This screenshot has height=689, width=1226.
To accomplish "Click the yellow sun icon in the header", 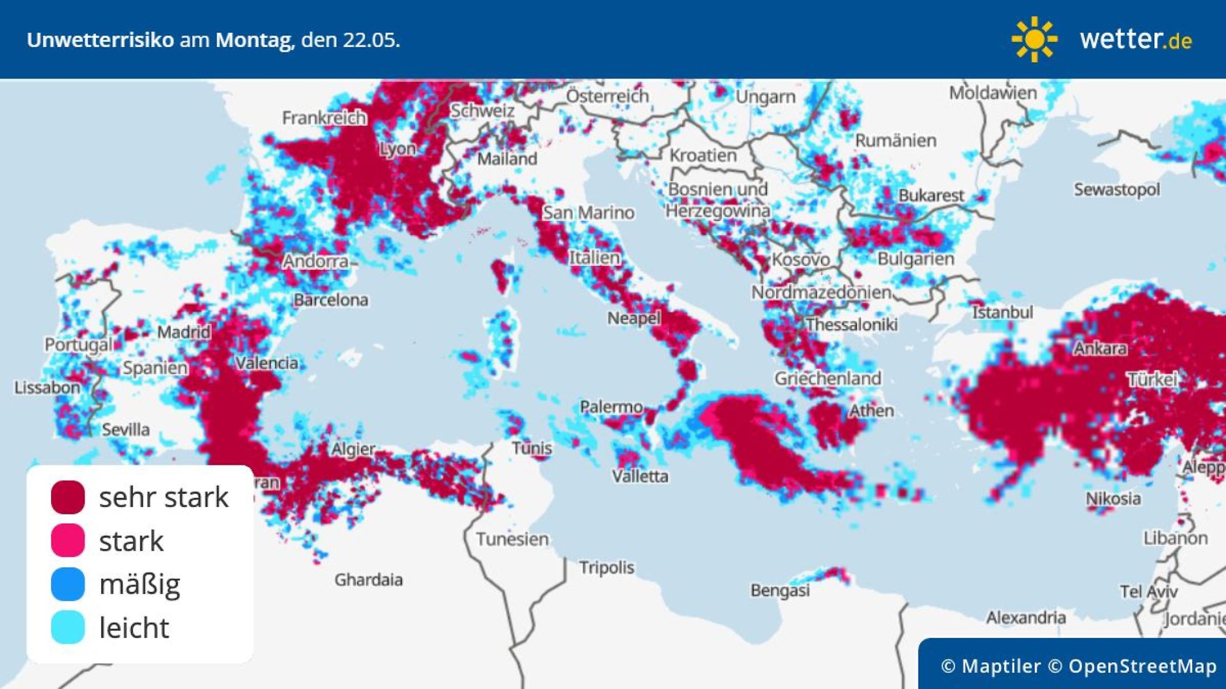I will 1034,39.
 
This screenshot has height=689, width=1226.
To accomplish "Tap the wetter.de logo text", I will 1135,39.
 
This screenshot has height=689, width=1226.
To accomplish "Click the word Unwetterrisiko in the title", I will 100,40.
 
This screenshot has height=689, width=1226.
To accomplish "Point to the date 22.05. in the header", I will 371,40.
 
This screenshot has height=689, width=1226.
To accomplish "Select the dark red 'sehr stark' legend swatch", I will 68,497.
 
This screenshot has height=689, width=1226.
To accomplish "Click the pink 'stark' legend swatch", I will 68,540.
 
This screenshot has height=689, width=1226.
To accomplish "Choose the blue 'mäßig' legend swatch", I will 68,584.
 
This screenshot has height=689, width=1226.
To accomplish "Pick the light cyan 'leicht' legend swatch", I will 68,627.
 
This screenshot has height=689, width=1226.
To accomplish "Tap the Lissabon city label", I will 47,388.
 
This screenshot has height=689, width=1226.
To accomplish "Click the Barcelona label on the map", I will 331,300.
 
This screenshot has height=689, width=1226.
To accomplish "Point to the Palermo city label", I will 611,407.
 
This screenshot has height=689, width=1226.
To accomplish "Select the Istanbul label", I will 1002,312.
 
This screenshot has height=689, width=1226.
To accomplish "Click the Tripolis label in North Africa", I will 606,568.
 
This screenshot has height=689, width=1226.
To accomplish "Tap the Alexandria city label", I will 1026,617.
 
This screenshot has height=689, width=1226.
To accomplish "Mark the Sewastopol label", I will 1117,189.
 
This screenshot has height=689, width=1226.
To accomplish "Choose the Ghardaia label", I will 368,580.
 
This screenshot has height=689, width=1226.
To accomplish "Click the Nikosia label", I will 1113,499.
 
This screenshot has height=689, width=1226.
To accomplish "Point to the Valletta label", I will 640,476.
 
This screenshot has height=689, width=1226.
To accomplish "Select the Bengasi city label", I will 780,590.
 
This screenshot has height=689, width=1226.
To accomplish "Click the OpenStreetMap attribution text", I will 1142,666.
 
